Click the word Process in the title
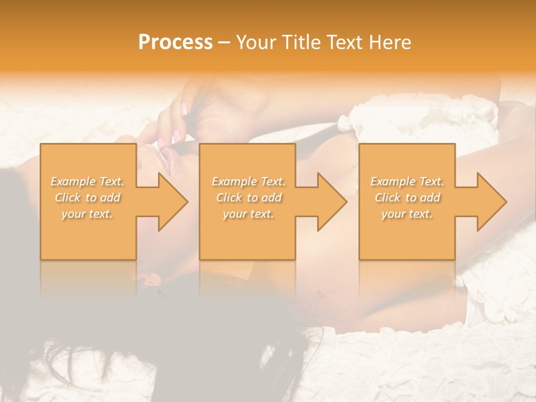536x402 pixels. pos(175,42)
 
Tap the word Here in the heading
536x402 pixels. pos(391,42)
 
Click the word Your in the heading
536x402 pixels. pos(255,42)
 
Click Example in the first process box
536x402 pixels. pos(73,181)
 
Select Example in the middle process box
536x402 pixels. pos(234,181)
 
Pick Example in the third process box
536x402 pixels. pos(393,181)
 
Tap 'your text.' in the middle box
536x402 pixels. pos(248,214)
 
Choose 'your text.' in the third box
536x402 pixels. pos(407,214)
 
